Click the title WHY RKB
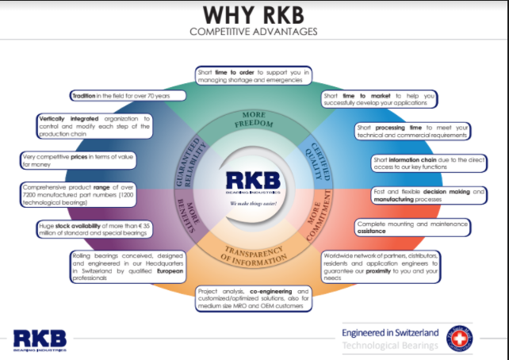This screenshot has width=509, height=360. pyautogui.click(x=253, y=14)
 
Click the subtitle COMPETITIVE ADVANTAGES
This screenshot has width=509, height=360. pyautogui.click(x=253, y=32)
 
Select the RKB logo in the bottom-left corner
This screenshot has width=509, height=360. pyautogui.click(x=40, y=339)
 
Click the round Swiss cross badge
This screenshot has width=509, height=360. pyautogui.click(x=459, y=338)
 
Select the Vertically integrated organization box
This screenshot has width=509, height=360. pyautogui.click(x=93, y=127)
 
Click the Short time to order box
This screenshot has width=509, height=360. pyautogui.click(x=253, y=76)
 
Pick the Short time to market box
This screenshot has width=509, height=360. pyautogui.click(x=380, y=99)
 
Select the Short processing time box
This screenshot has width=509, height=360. pyautogui.click(x=412, y=131)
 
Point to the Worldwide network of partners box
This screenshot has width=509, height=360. pyautogui.click(x=380, y=267)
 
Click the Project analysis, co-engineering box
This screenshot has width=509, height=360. pyautogui.click(x=253, y=297)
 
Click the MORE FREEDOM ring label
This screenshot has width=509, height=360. pyautogui.click(x=253, y=119)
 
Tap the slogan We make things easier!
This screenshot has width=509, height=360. pyautogui.click(x=253, y=203)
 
